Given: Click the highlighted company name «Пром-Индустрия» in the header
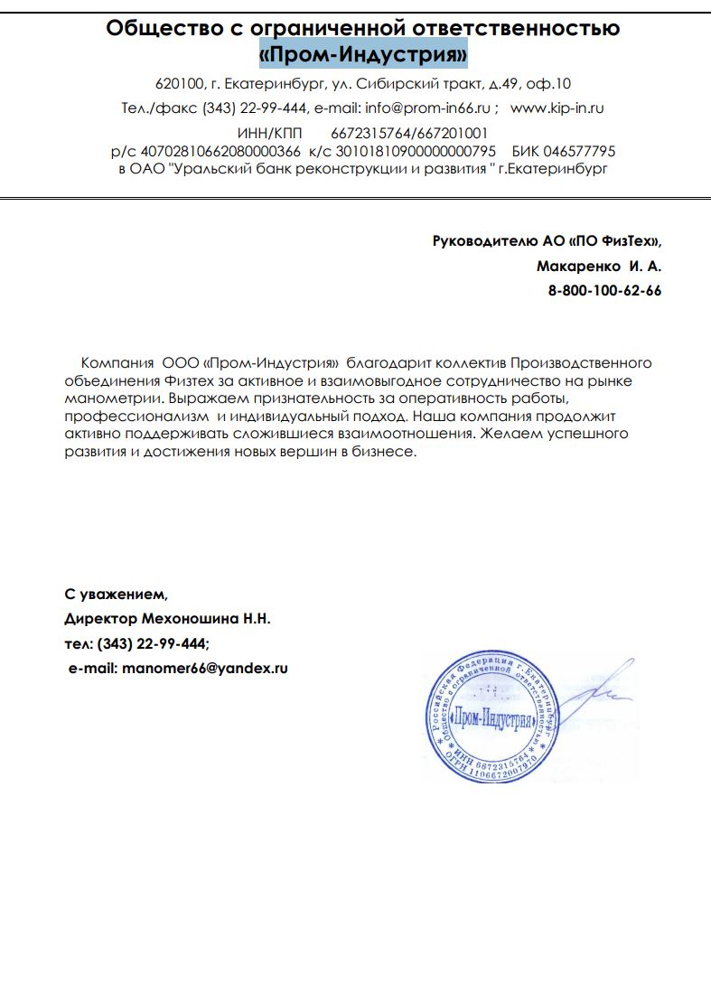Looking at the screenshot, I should point(363,56).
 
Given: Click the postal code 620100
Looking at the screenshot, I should point(177,84).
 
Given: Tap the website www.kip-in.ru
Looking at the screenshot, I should point(557,108).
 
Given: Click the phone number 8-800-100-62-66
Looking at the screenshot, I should point(604,291).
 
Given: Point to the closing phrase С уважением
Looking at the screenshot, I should point(116,595).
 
